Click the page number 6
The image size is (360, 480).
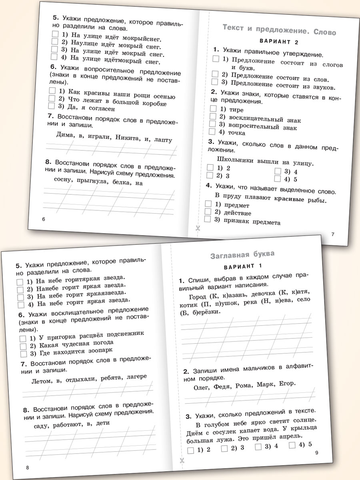tap(44, 219)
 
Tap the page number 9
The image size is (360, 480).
tap(316, 452)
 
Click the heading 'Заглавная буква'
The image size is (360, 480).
tap(242, 254)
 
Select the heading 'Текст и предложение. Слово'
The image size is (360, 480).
tap(279, 30)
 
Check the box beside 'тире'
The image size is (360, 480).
tap(213, 108)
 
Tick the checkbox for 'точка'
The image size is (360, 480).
tap(212, 132)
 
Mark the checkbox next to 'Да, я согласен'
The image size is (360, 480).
tap(51, 106)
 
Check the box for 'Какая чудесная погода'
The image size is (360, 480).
tap(23, 346)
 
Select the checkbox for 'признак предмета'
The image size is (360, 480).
tap(207, 219)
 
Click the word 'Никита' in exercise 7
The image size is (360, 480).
tap(128, 138)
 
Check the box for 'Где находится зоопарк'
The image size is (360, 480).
tap(23, 354)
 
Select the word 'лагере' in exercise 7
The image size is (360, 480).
tap(136, 377)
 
